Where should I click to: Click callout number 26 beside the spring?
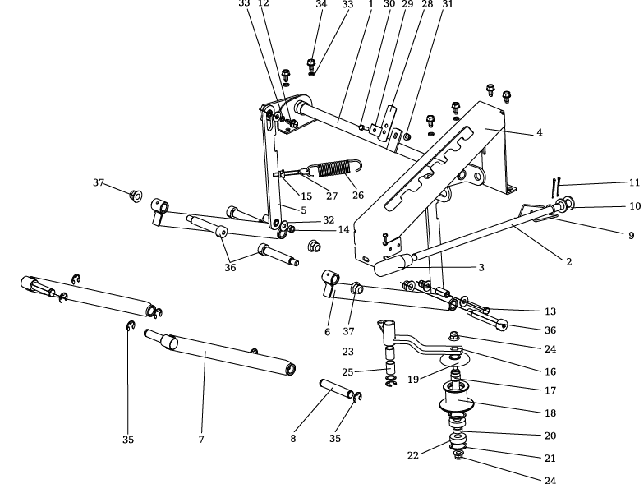click(358, 195)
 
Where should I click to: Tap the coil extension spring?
click(333, 171)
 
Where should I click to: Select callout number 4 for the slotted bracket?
click(539, 132)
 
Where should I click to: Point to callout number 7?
click(200, 440)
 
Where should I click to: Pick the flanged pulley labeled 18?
click(459, 402)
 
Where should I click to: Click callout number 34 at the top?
click(321, 4)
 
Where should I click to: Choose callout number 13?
click(550, 311)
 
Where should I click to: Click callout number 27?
click(332, 196)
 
